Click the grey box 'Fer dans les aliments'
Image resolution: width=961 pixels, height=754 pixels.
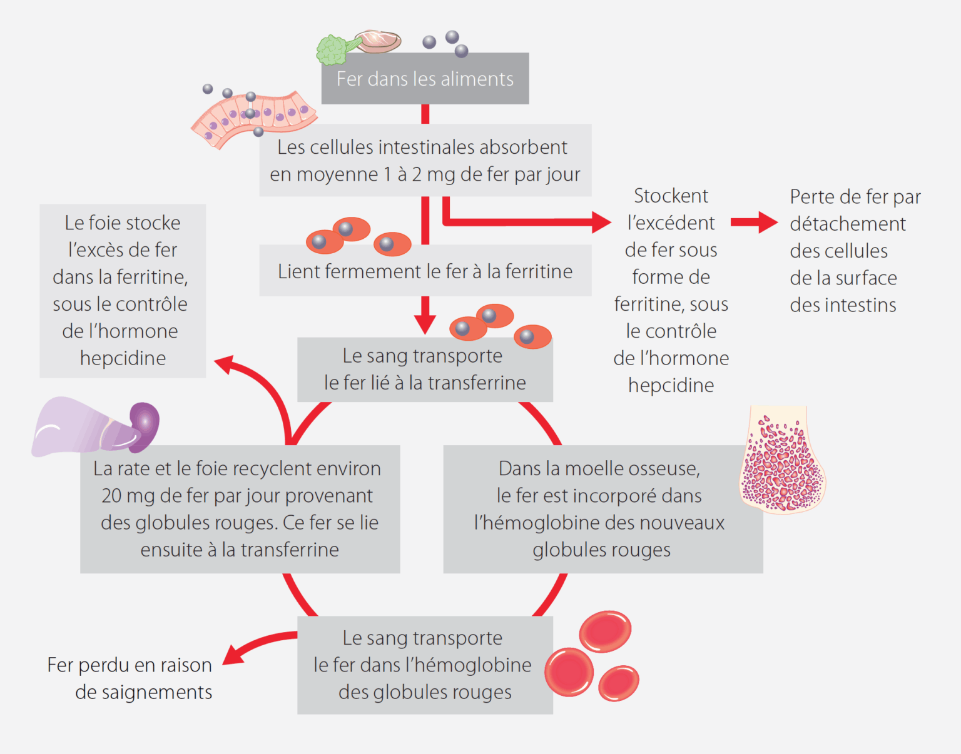coord(425,79)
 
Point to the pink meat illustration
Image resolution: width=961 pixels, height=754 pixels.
coord(379,41)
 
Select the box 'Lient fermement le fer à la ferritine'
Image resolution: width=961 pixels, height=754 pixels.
coord(425,271)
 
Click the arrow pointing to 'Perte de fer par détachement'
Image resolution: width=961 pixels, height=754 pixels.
coord(754,222)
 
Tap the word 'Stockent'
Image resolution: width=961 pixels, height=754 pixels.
coord(671,196)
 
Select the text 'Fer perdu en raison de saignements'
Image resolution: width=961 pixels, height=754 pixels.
coord(130,678)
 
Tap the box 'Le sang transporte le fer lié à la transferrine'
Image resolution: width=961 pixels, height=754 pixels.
coord(425,369)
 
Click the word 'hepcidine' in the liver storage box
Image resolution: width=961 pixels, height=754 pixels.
coord(123,358)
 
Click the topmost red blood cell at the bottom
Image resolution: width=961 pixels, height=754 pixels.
coord(605,631)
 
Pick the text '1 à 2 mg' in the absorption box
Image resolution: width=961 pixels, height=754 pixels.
coord(418,174)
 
